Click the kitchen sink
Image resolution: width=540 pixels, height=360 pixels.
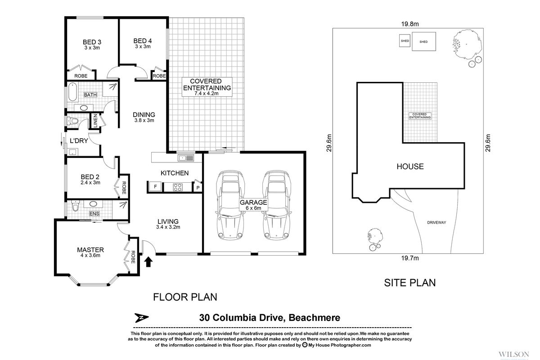click(185, 158)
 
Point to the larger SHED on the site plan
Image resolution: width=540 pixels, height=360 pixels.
click(423, 41)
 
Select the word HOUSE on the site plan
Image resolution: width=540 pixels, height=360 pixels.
click(409, 166)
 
